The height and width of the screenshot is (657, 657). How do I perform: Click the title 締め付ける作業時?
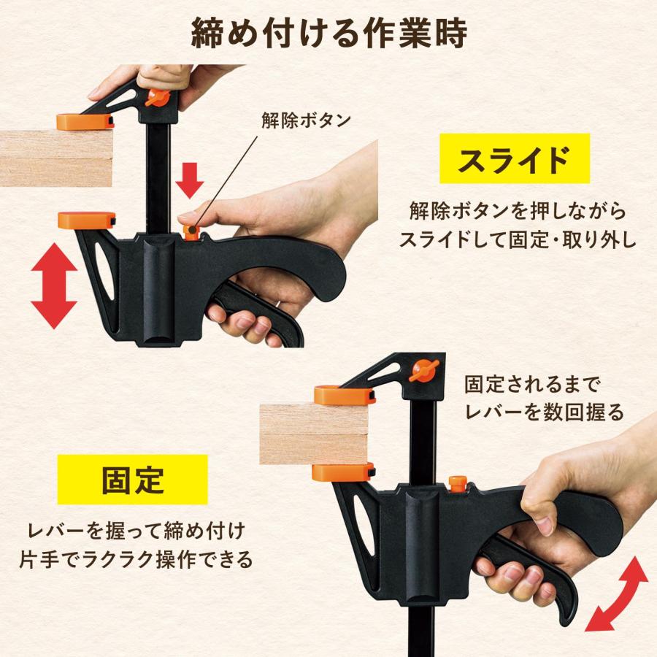(329, 34)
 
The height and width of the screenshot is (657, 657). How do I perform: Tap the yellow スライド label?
(515, 158)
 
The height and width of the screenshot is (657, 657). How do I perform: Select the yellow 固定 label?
(132, 480)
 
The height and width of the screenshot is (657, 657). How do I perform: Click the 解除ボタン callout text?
(307, 120)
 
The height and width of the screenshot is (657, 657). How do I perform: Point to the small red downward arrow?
(189, 180)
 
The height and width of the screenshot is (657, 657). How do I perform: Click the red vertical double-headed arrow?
(54, 285)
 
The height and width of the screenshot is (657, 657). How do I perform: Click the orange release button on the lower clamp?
(458, 484)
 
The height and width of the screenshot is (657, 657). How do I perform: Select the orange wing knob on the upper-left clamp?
(157, 98)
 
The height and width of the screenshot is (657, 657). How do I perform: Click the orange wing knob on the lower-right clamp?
(423, 370)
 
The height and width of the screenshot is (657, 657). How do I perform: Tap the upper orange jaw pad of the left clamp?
(85, 121)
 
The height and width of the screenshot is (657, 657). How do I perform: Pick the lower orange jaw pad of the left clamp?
(86, 220)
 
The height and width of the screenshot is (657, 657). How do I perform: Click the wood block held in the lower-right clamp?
(314, 434)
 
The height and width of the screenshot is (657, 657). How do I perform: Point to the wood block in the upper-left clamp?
(56, 158)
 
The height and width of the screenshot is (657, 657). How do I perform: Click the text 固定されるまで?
(532, 385)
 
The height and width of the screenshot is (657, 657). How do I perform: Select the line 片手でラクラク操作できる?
(137, 560)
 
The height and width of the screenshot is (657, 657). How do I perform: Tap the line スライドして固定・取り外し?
(518, 239)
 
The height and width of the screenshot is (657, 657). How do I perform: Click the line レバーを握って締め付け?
(137, 531)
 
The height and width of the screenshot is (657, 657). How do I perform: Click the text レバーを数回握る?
(545, 412)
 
